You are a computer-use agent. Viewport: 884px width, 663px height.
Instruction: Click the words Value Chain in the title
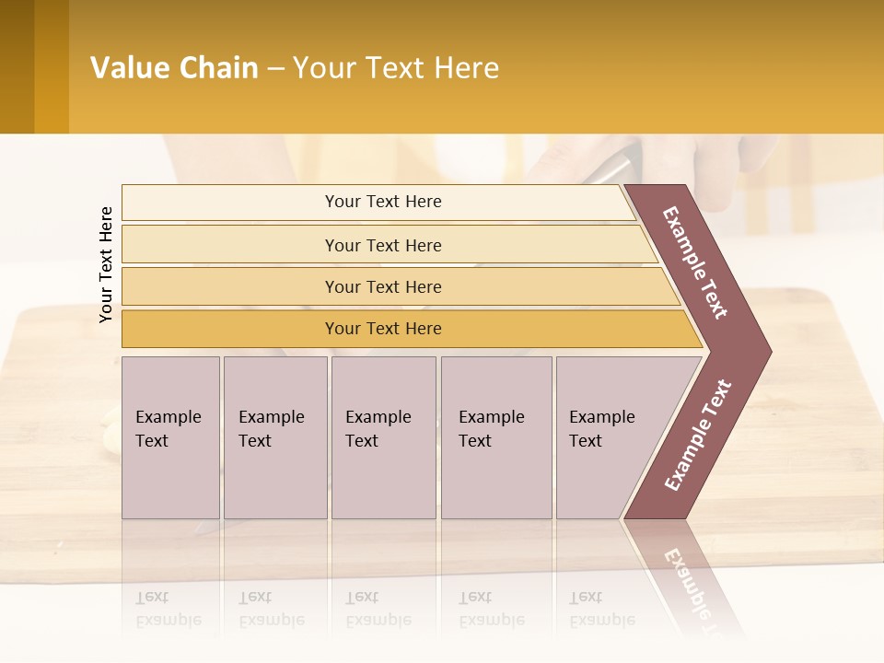click(174, 68)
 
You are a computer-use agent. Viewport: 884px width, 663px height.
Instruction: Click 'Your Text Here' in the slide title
click(396, 68)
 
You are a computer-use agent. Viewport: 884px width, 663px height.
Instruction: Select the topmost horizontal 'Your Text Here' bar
click(382, 202)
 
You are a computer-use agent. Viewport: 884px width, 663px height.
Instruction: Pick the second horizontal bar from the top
click(382, 245)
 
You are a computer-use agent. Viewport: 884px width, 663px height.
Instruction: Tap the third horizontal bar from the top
click(382, 286)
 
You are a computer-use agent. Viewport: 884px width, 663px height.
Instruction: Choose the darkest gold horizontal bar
click(382, 329)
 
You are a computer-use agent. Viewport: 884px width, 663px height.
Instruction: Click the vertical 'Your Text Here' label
click(106, 264)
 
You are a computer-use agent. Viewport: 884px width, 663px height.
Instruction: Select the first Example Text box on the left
click(170, 437)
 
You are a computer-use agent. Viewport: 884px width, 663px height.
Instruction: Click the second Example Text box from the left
click(274, 437)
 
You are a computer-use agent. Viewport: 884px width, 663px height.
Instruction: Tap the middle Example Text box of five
click(383, 437)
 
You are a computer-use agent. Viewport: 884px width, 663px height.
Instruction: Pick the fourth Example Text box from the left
click(495, 437)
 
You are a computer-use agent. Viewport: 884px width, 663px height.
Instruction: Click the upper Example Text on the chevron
click(695, 262)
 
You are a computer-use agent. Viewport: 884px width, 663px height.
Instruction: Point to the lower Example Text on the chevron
click(698, 436)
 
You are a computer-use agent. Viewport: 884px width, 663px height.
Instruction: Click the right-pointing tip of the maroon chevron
click(766, 351)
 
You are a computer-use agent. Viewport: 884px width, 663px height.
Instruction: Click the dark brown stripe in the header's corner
click(17, 66)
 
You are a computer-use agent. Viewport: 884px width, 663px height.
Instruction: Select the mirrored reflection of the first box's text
click(169, 609)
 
